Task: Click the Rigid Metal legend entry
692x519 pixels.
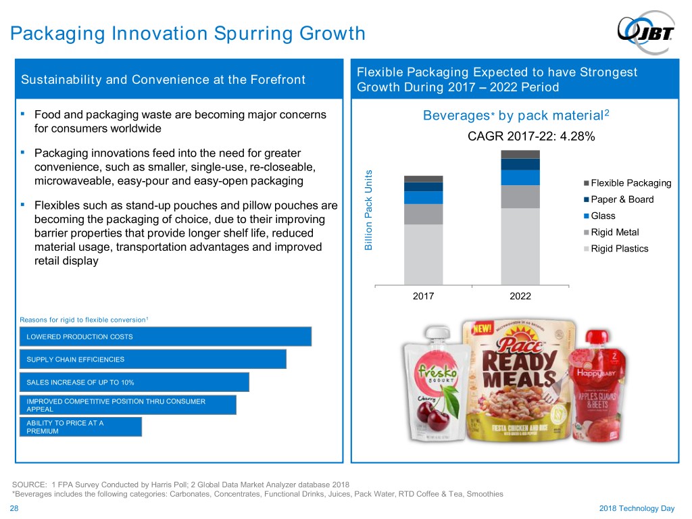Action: pyautogui.click(x=614, y=232)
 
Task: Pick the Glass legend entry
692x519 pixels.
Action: pyautogui.click(x=603, y=216)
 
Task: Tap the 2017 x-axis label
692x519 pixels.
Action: pyautogui.click(x=423, y=297)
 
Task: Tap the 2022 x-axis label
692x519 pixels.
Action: pyautogui.click(x=520, y=297)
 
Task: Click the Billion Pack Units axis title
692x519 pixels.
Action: pyautogui.click(x=369, y=209)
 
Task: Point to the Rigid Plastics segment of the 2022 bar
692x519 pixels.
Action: pyautogui.click(x=520, y=246)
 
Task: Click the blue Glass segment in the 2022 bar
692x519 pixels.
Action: pyautogui.click(x=520, y=177)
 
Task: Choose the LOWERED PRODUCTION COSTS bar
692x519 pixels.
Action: pyautogui.click(x=166, y=337)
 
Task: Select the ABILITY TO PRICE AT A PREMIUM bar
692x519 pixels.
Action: pyautogui.click(x=81, y=427)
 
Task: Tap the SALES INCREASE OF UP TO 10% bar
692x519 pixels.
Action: pyautogui.click(x=134, y=382)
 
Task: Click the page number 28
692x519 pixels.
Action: pyautogui.click(x=14, y=508)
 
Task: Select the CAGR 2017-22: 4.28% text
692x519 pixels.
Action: pyautogui.click(x=531, y=137)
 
